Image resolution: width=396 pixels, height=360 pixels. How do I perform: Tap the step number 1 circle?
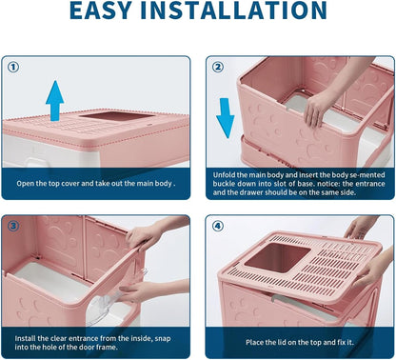(13, 68)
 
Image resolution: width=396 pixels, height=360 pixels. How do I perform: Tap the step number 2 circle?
(218, 68)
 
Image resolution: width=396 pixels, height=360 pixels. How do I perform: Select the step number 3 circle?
(13, 227)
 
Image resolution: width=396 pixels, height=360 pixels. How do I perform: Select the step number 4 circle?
(218, 227)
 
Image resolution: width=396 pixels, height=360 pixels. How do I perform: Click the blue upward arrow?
(55, 100)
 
